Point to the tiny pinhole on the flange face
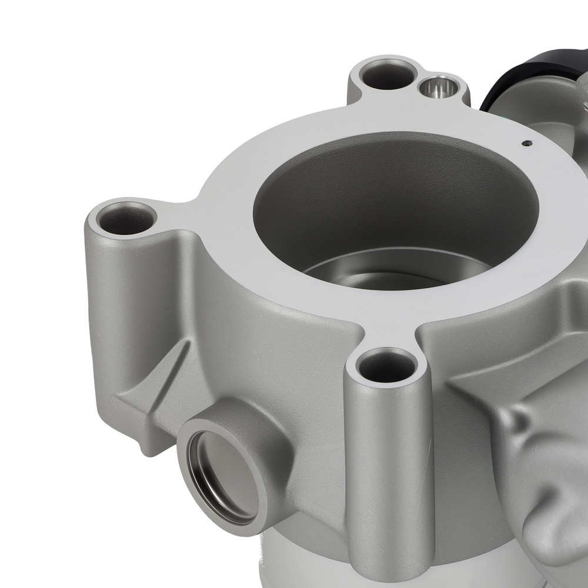(526, 142)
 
